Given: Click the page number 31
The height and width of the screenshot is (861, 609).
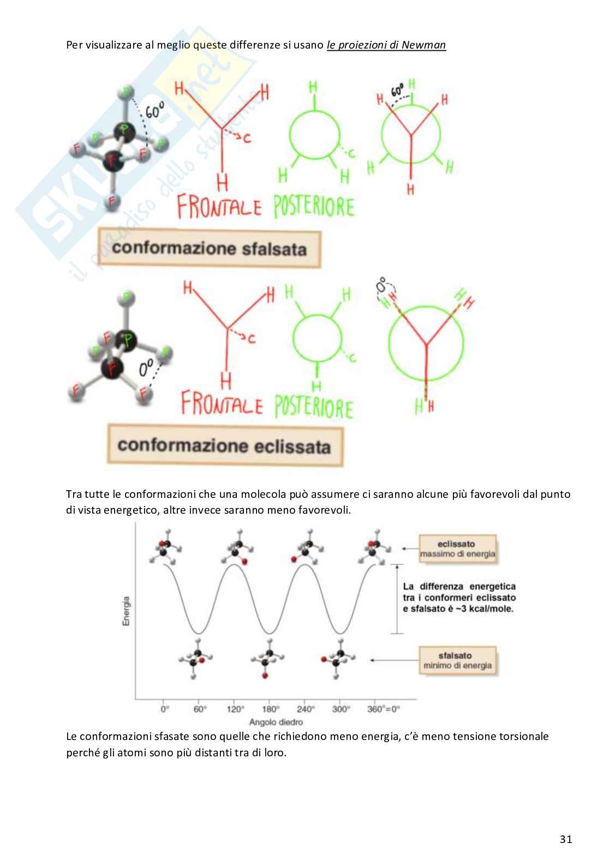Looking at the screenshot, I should pos(566,839).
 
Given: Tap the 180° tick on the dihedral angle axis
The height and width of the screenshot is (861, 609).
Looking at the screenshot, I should pos(271,709).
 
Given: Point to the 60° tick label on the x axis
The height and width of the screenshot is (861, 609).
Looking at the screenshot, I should pos(200,709).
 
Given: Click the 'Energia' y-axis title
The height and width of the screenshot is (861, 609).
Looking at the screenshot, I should pos(127,611).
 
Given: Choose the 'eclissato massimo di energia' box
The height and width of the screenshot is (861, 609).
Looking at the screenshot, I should pos(457,549).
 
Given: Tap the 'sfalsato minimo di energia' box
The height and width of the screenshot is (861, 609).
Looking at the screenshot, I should pos(457,660).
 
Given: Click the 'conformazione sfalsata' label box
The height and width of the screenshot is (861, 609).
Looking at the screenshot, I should pos(209,249).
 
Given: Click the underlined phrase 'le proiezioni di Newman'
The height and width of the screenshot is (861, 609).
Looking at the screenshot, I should pos(386,45).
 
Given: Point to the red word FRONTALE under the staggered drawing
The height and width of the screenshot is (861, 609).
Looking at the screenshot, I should pos(219,208).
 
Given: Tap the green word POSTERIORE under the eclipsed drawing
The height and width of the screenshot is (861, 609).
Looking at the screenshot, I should pos(313,408).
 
